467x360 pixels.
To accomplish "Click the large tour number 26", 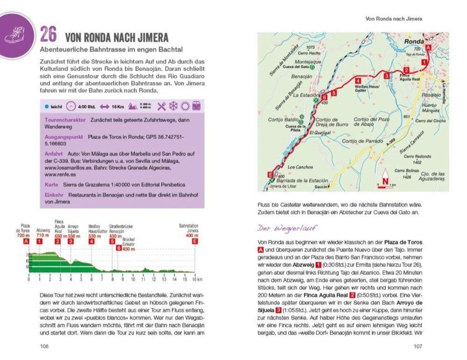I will point(48,35).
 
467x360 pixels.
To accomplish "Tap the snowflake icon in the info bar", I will point(173,106).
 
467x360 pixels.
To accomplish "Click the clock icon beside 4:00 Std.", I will point(71,106).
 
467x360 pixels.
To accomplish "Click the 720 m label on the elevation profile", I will point(23,236).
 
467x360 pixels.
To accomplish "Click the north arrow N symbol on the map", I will point(383,181).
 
